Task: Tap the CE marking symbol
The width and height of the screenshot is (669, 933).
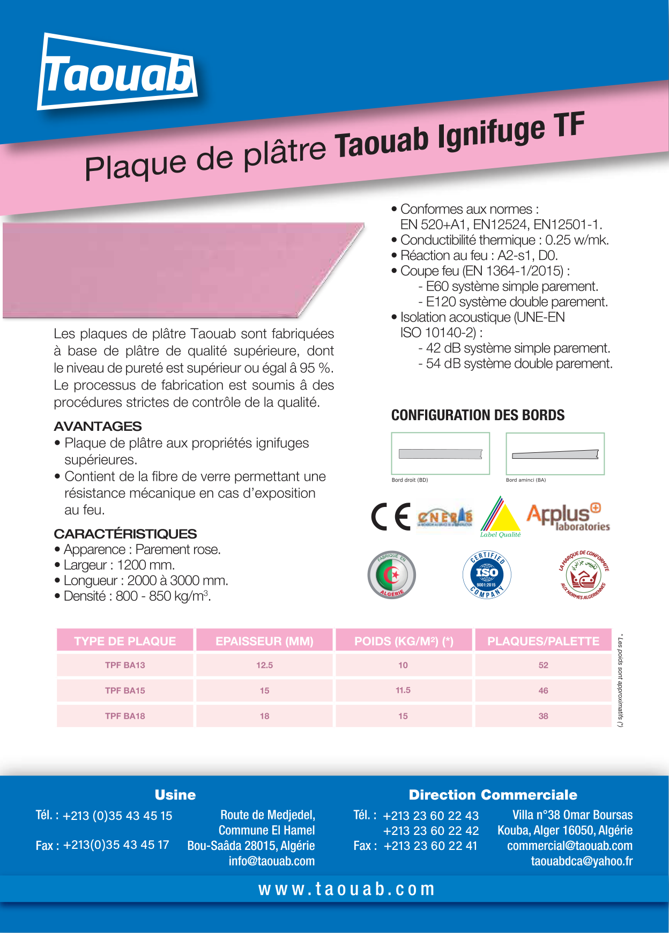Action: pos(391,517)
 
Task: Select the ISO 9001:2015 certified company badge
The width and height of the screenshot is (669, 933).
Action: pos(487,575)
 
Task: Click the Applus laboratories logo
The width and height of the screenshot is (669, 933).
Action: pos(568,517)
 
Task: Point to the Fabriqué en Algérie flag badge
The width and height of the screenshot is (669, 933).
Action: pos(392,575)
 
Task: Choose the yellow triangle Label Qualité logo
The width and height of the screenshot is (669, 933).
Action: pos(501,518)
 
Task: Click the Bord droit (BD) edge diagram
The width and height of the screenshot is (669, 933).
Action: pos(441,454)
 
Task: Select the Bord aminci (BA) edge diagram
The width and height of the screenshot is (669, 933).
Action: pos(555,454)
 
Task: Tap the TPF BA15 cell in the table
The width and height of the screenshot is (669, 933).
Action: pos(125,690)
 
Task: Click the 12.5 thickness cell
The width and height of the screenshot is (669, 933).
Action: pos(264,665)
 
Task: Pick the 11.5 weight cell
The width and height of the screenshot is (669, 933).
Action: pos(403,690)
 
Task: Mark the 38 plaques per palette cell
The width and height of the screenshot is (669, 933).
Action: pos(543,716)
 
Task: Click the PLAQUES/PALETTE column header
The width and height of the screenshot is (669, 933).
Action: pos(543,641)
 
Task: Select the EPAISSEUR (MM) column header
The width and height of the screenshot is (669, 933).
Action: pos(264,641)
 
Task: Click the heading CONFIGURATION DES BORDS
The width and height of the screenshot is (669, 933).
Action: pos(478,415)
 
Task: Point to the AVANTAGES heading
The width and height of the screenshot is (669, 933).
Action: pos(98,427)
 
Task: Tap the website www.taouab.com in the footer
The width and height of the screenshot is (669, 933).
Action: pos(346,889)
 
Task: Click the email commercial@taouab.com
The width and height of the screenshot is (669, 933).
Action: pos(569,846)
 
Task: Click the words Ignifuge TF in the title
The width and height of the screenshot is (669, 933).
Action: pos(510,132)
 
